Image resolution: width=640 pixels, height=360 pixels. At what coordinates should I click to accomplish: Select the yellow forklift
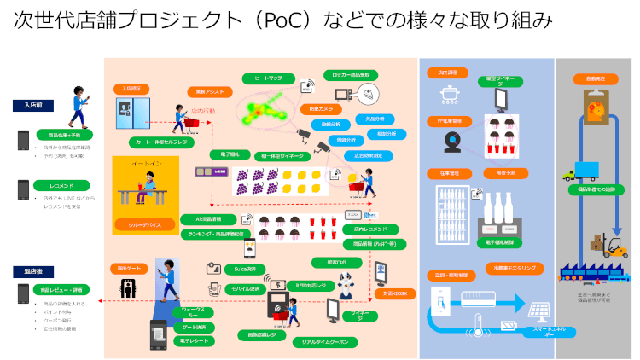[x=613, y=247]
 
